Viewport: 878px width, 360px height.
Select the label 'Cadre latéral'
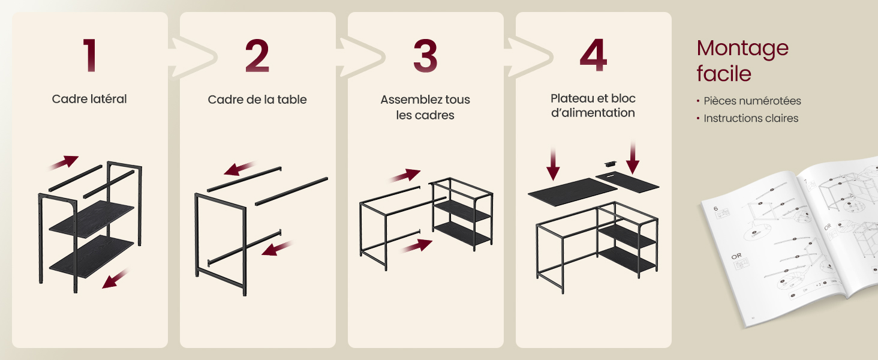click(89, 99)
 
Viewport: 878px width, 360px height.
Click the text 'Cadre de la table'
click(257, 100)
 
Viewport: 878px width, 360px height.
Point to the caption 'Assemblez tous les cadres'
click(425, 107)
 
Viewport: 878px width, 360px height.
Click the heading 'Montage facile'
click(742, 61)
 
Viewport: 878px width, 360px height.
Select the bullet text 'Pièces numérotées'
click(752, 101)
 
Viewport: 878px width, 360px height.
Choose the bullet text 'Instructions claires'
click(751, 118)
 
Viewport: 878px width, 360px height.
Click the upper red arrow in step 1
click(64, 163)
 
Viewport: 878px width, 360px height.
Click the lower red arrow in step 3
click(416, 245)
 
